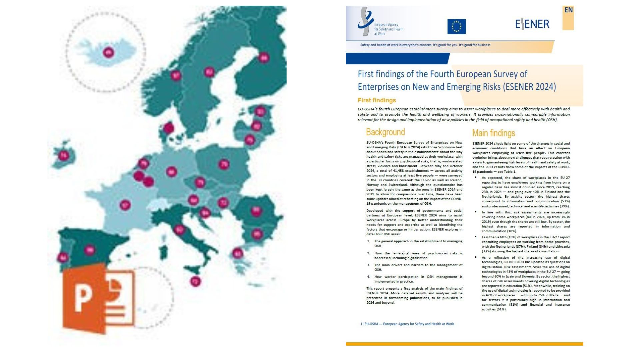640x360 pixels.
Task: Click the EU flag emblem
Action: click(456, 26)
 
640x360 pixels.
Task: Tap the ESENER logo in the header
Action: click(532, 24)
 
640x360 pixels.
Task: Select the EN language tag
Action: click(568, 10)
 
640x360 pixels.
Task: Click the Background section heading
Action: click(385, 132)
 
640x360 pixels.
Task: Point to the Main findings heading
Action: click(493, 133)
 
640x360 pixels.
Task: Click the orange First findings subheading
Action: click(377, 100)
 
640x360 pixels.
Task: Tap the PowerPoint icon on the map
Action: click(99, 298)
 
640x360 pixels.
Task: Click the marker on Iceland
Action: click(108, 52)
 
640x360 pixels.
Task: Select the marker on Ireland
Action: click(63, 155)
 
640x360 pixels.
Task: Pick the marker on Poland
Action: click(224, 164)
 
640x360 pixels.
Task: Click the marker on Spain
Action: click(89, 250)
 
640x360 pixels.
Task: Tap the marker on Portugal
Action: click(63, 257)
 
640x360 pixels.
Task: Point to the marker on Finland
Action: click(264, 58)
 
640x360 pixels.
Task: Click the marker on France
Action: click(125, 205)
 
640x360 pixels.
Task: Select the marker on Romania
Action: click(256, 211)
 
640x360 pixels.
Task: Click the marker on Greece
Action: click(237, 253)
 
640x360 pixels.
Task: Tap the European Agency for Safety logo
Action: click(380, 23)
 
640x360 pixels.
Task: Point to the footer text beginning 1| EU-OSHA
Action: click(407, 324)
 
